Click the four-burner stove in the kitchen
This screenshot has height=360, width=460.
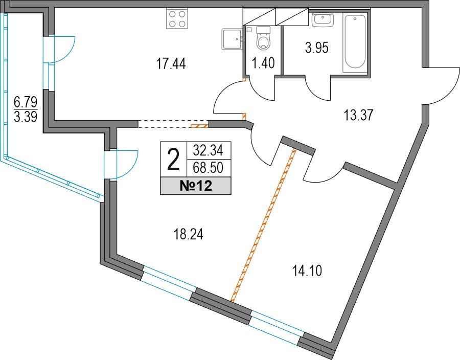[x=177, y=18]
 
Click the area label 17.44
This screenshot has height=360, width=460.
[x=171, y=64]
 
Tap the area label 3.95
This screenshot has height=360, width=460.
[x=316, y=48]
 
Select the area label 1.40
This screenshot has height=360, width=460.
[x=263, y=63]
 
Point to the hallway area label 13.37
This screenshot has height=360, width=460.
[x=358, y=115]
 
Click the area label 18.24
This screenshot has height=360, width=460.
[x=188, y=235]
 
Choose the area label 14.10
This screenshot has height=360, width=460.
[x=307, y=271]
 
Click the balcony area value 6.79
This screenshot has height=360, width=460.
[x=26, y=103]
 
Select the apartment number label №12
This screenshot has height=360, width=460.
[x=196, y=186]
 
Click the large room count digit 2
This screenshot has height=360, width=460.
[x=173, y=160]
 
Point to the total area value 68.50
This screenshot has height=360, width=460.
[x=209, y=168]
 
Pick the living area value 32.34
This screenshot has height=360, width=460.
[x=209, y=150]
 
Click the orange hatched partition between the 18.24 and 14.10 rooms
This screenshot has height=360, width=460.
[x=263, y=226]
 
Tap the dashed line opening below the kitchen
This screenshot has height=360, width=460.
[x=173, y=124]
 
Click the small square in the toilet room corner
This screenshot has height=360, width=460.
[x=249, y=29]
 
